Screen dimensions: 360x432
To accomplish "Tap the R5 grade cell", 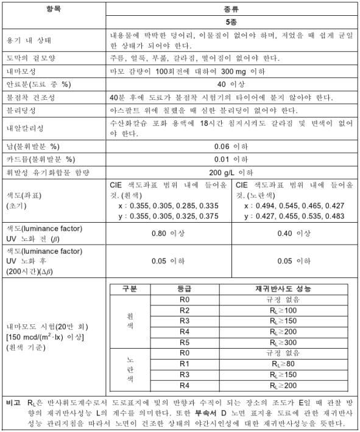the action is (x=180, y=343).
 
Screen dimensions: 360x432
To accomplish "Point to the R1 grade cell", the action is (x=180, y=364).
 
